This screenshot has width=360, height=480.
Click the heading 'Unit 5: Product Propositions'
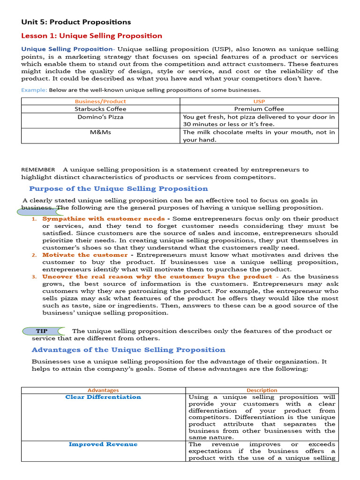76,22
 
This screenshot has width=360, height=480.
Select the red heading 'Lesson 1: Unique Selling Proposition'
91,36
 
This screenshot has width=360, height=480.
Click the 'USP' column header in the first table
260,101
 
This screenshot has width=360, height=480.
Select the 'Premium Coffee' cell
260,109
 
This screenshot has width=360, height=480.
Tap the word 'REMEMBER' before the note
38,170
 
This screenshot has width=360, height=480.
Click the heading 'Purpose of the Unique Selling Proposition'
119,188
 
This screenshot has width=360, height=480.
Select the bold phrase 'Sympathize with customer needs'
103,218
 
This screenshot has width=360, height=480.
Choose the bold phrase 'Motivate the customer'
85,255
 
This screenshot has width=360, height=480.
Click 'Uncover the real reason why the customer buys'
157,277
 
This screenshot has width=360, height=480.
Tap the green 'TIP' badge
42,331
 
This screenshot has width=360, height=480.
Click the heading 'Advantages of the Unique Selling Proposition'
128,350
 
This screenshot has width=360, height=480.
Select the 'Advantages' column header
103,390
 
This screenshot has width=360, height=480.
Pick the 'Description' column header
262,390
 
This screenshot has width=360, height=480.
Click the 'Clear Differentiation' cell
103,397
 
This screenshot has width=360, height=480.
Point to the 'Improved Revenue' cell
103,444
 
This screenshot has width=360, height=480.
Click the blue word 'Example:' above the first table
34,90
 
